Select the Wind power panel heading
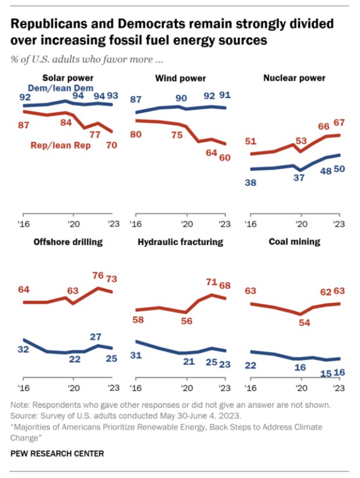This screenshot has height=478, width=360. tap(181, 78)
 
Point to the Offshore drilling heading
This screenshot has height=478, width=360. tap(69, 242)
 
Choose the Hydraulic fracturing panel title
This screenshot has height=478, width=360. tap(181, 242)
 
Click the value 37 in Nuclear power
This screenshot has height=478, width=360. tap(300, 178)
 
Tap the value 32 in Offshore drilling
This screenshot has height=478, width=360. tap(24, 350)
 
